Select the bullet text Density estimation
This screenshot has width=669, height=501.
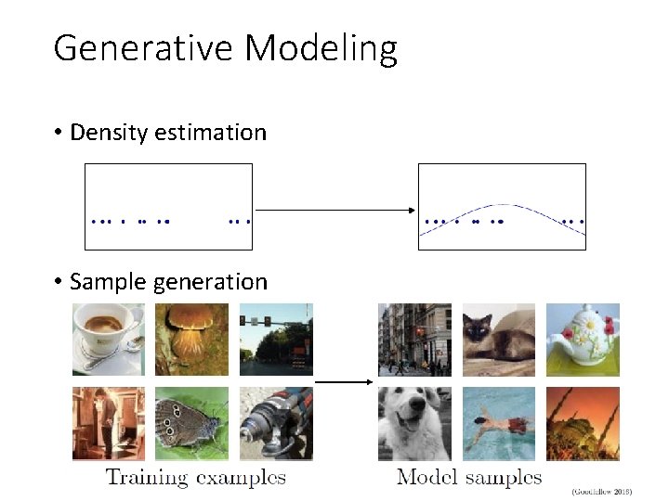point(168,133)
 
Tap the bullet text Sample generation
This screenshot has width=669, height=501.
point(168,282)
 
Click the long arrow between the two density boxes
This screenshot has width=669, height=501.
point(334,211)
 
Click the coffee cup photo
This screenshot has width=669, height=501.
point(109,340)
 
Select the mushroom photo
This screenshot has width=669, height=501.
point(191,340)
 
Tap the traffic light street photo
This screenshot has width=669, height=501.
point(276,340)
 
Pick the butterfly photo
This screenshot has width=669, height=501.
point(191,423)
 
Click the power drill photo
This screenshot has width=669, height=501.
point(276,423)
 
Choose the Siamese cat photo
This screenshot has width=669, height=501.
point(499,340)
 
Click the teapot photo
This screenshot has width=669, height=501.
point(583,340)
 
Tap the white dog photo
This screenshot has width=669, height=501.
point(414,423)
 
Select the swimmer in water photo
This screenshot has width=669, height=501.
point(499,423)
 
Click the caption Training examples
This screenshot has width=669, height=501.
point(195,478)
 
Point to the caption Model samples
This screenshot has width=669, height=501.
point(469,478)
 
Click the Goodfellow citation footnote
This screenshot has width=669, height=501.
point(601,491)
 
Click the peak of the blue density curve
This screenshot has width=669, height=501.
point(503,205)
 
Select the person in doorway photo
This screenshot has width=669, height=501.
point(109,423)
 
